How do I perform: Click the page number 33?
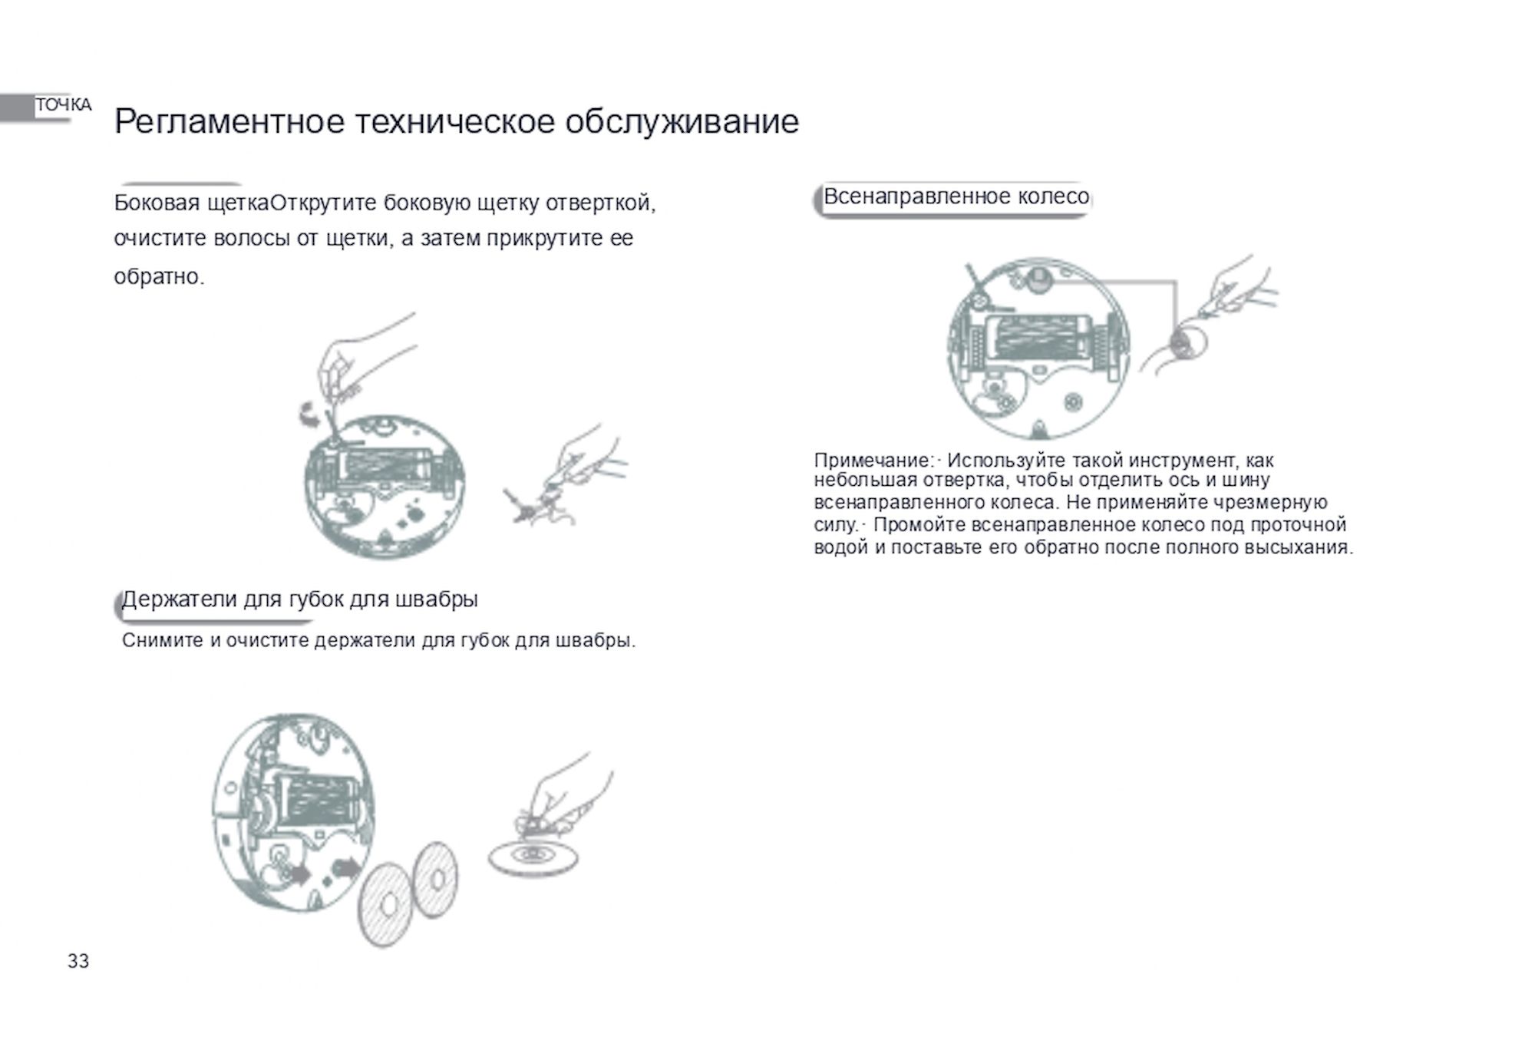[x=78, y=961]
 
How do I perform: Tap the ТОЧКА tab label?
[x=64, y=105]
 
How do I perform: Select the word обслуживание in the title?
[x=682, y=122]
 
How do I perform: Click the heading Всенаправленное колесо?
[x=956, y=197]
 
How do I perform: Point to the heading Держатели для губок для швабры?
[x=300, y=599]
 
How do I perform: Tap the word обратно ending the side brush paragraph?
[x=159, y=277]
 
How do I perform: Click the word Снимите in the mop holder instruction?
[x=162, y=640]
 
